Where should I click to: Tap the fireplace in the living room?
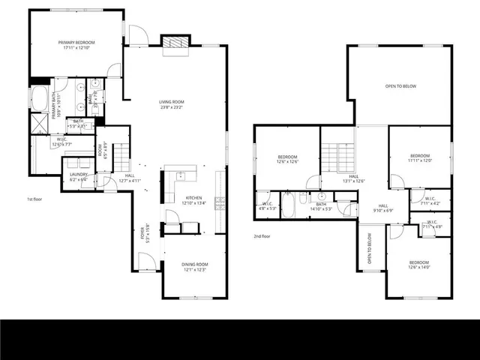tap(175, 44)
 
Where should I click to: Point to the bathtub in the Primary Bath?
tap(39, 97)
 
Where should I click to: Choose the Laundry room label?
tap(77, 175)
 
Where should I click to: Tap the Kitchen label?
tap(193, 197)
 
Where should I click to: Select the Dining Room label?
tap(194, 264)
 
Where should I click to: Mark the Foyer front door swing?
tap(148, 262)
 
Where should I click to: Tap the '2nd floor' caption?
tap(262, 235)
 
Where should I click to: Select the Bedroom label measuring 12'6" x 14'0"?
tap(418, 264)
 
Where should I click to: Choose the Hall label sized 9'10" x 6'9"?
tap(382, 208)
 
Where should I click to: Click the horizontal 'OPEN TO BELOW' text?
tap(400, 86)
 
